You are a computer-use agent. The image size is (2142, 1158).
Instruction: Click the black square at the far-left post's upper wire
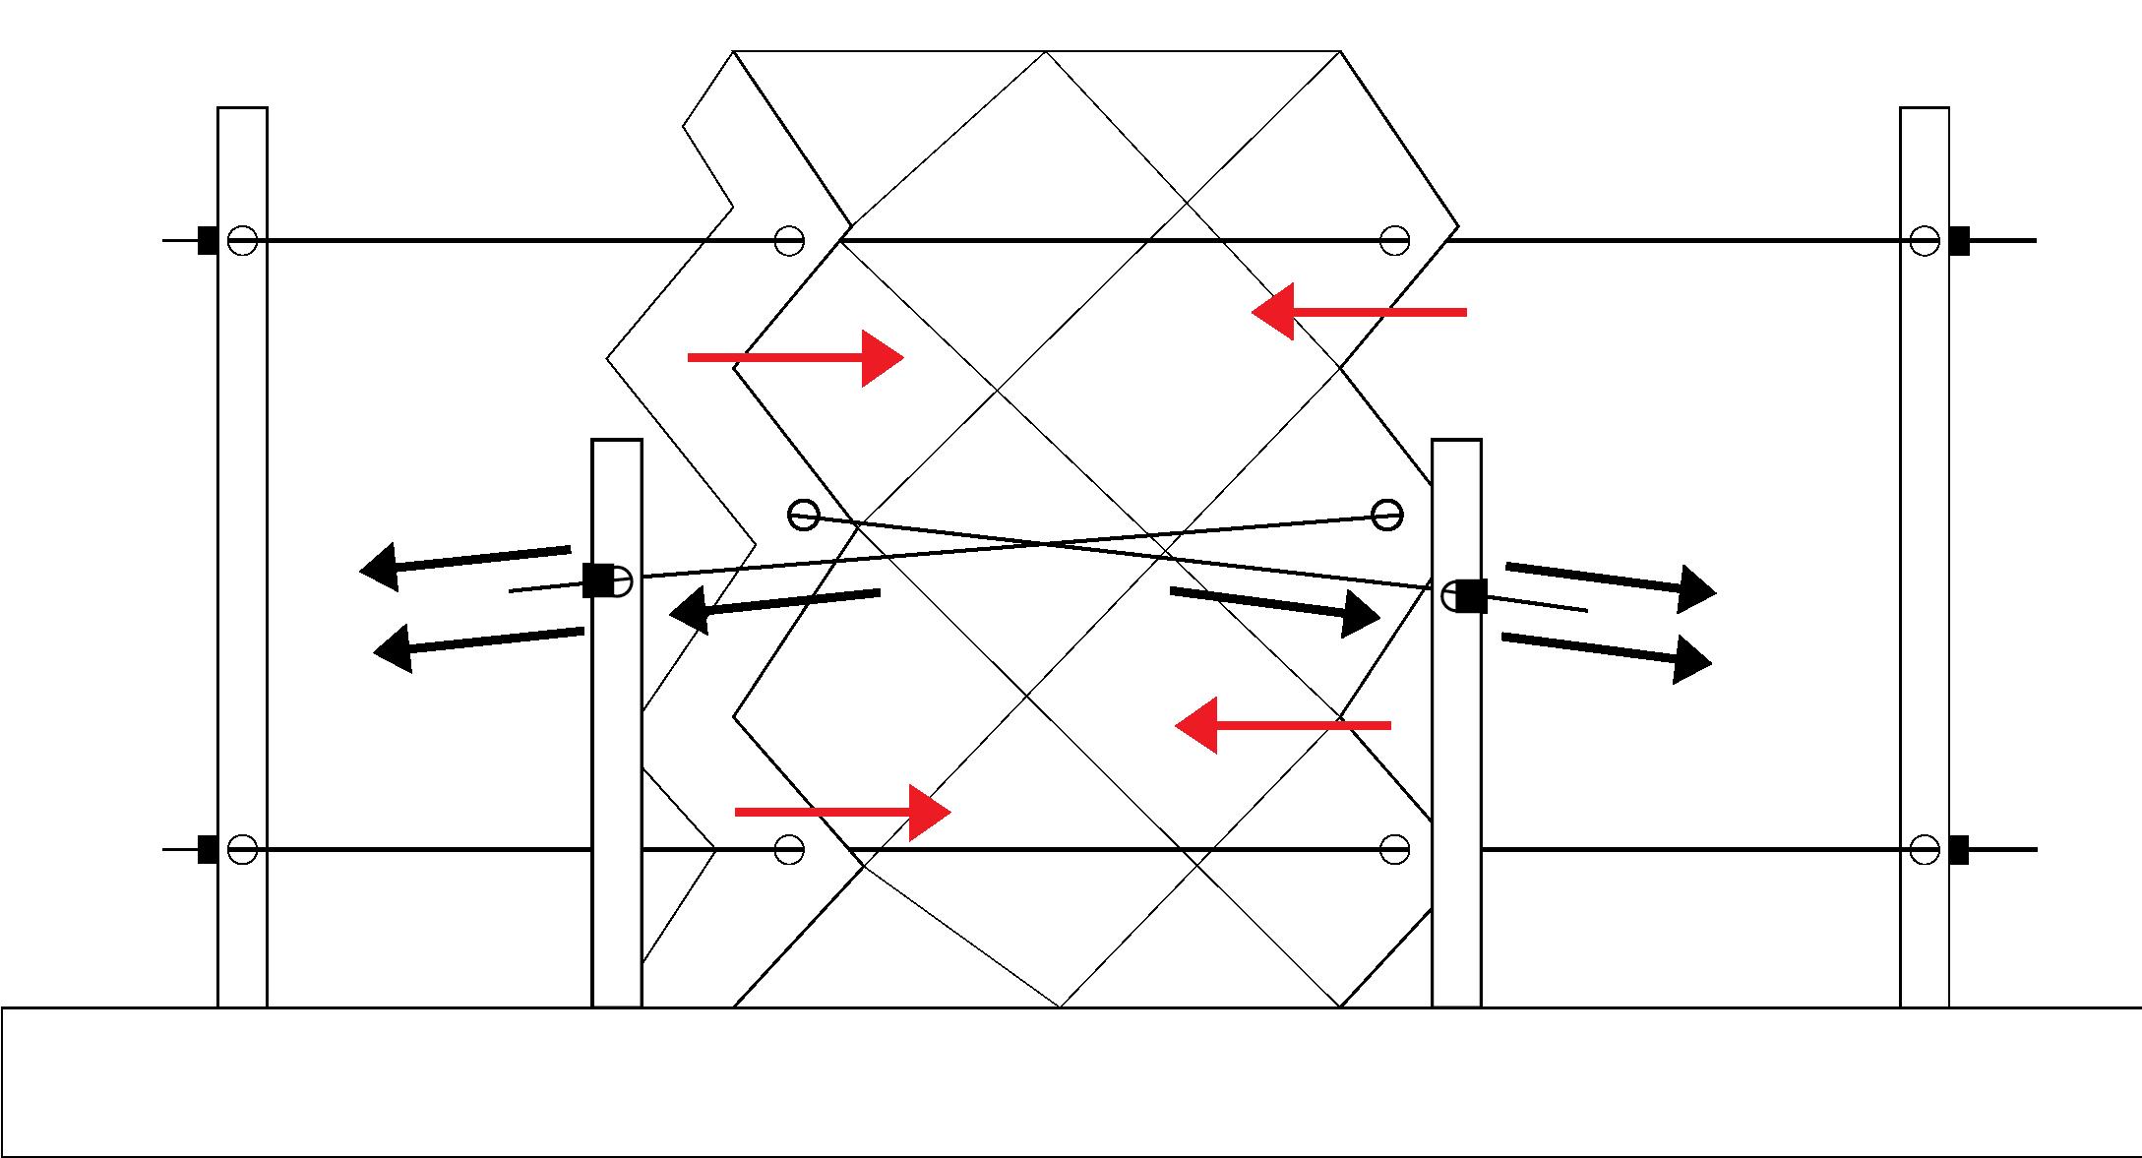[208, 240]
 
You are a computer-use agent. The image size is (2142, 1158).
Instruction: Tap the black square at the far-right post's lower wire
[1959, 849]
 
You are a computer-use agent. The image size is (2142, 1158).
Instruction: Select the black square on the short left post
[597, 580]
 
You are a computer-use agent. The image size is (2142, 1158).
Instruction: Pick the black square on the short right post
[1472, 596]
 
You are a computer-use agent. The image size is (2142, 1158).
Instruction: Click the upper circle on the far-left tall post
[242, 240]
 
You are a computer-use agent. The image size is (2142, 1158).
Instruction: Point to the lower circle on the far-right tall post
[1925, 849]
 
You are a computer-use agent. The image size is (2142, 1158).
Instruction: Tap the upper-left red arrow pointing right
[795, 358]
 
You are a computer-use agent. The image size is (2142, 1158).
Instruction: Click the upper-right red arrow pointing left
[1359, 312]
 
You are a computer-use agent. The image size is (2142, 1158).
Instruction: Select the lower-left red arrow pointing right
[842, 812]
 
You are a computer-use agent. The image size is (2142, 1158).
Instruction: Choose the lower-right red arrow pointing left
[1283, 725]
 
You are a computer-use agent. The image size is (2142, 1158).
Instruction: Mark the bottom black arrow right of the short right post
[1607, 652]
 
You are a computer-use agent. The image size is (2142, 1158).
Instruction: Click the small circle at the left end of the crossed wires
[804, 515]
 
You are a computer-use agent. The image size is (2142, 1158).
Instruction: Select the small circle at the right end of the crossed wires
[1387, 514]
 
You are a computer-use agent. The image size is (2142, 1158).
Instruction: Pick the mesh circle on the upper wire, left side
[789, 240]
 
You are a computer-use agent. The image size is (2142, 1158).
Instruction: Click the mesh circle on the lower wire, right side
[1394, 849]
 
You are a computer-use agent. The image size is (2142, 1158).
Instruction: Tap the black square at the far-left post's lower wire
[208, 849]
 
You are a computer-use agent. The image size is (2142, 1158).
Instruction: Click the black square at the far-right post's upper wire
[1959, 240]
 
